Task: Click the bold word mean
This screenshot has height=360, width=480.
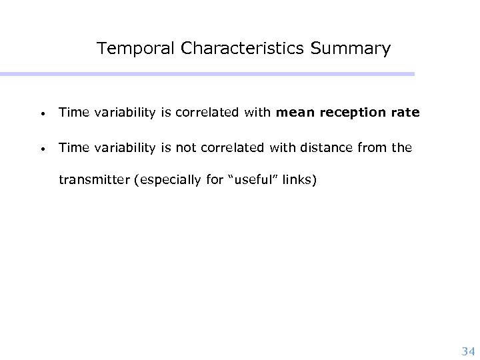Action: (x=292, y=113)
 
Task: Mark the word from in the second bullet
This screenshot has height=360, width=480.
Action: (x=376, y=148)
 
